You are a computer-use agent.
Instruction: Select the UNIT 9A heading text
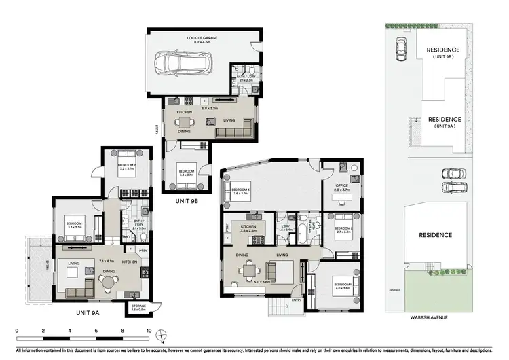pos(88,312)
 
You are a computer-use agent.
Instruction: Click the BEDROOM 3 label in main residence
pos(241,190)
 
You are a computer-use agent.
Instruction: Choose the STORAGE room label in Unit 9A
pos(138,306)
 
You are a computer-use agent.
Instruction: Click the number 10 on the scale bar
pos(149,331)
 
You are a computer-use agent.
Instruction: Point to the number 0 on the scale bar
pos(16,331)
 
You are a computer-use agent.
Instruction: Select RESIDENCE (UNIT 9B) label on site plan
pos(442,53)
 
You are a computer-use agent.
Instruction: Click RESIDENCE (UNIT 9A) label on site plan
pos(442,122)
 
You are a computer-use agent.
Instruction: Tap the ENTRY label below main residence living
pos(297,300)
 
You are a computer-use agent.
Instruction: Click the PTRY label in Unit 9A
pos(143,251)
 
